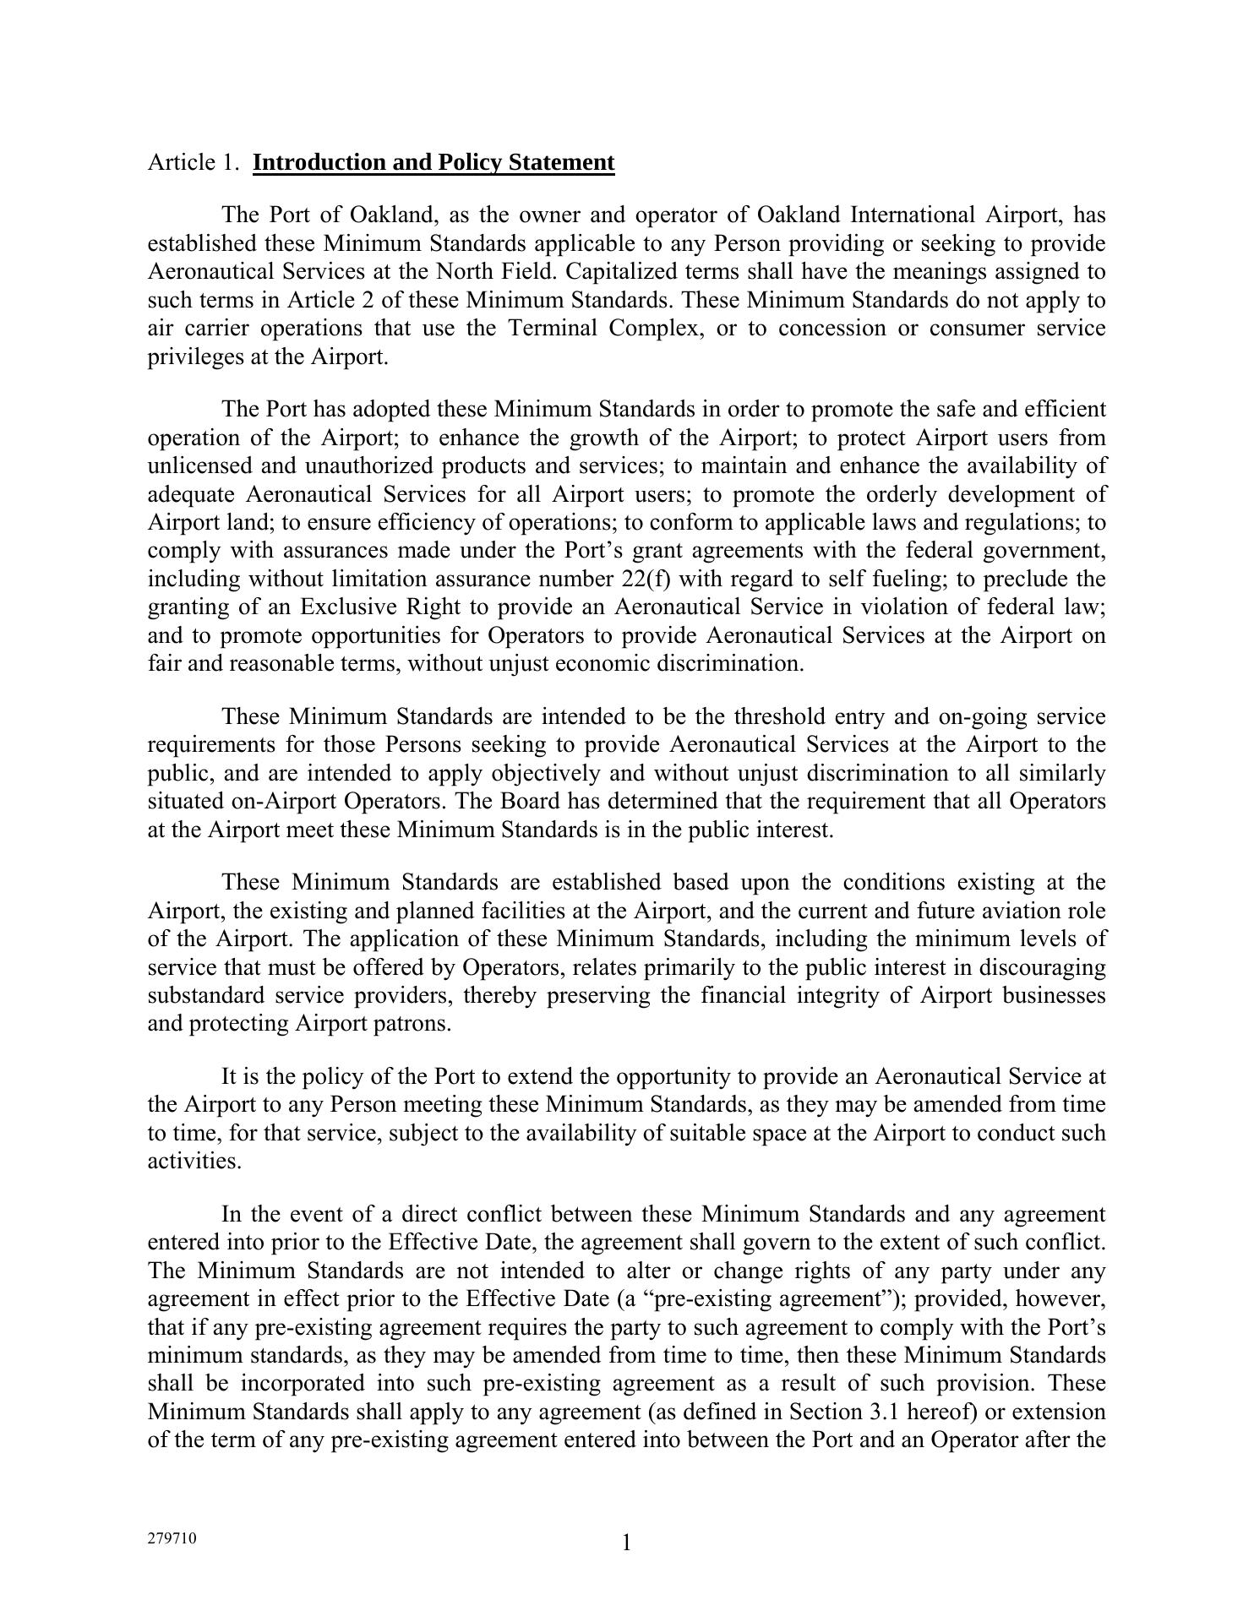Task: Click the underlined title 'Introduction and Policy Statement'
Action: point(433,162)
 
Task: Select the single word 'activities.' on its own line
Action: point(194,1161)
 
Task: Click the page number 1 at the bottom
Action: point(626,1543)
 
